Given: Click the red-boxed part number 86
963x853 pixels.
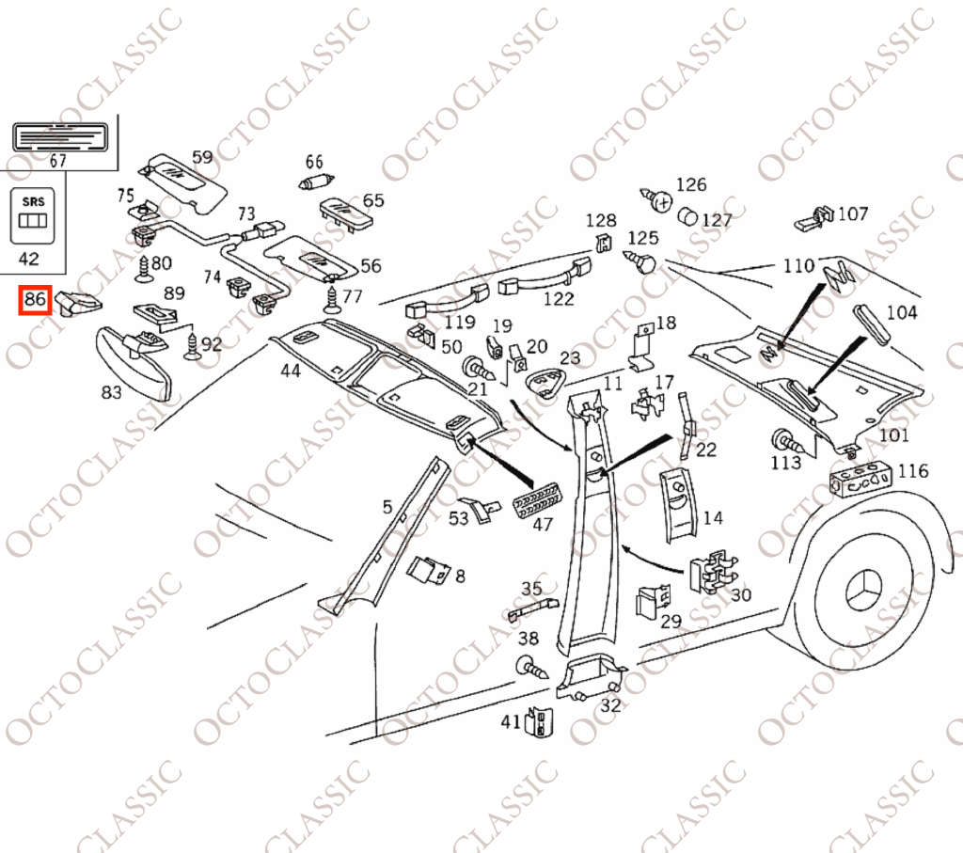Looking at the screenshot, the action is tap(35, 300).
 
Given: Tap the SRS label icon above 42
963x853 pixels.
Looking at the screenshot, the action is tap(33, 215).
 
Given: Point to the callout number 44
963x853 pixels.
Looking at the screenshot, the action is tap(291, 371).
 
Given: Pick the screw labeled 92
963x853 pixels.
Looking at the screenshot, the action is tap(192, 347).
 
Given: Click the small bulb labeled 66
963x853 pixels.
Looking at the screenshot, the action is tap(317, 182).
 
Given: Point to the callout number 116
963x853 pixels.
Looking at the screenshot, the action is tap(913, 471).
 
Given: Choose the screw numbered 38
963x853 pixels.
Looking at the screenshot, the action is tap(532, 668).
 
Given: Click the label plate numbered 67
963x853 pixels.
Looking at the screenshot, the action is tap(60, 137).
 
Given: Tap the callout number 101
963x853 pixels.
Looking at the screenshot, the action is tap(893, 435).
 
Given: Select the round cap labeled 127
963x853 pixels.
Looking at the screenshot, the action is tap(687, 216).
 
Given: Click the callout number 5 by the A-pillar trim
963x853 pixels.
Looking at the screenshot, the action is tap(387, 507).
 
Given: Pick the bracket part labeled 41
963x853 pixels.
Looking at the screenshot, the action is tap(539, 721).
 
